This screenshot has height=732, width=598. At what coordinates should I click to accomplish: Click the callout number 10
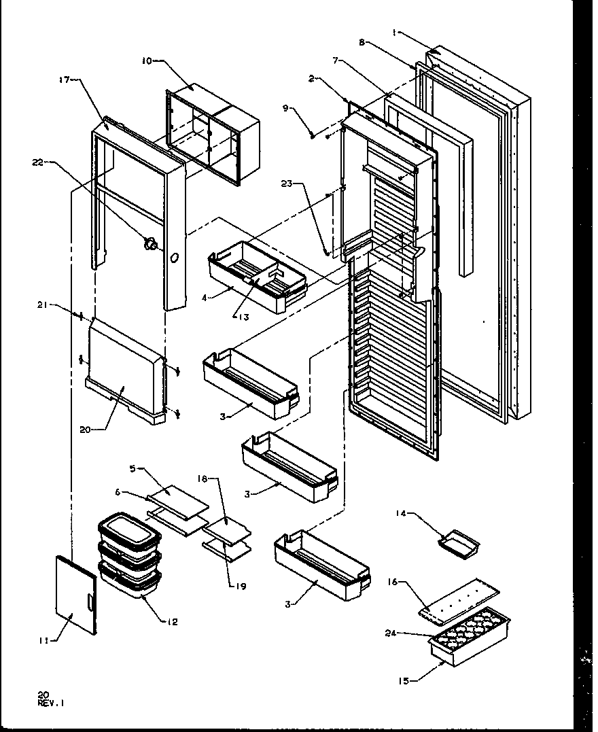coord(146,61)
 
